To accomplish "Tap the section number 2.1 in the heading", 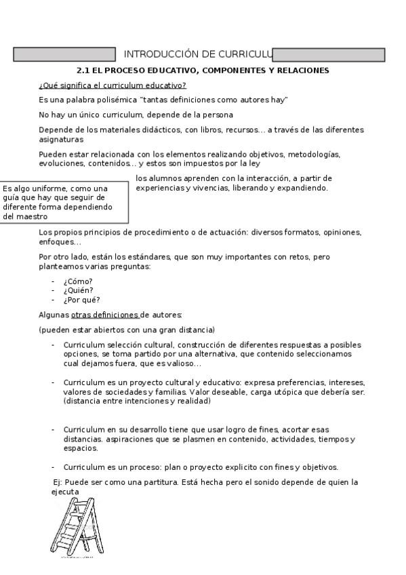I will [83, 71].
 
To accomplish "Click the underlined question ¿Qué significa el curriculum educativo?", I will [113, 85].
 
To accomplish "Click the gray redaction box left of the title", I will [65, 55].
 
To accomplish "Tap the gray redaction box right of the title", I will [329, 55].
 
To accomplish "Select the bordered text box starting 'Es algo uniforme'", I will [65, 202].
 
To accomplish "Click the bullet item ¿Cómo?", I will [78, 281].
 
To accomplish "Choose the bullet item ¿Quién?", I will [79, 290].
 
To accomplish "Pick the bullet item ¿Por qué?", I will [81, 300].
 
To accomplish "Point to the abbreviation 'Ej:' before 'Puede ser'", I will [58, 482].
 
